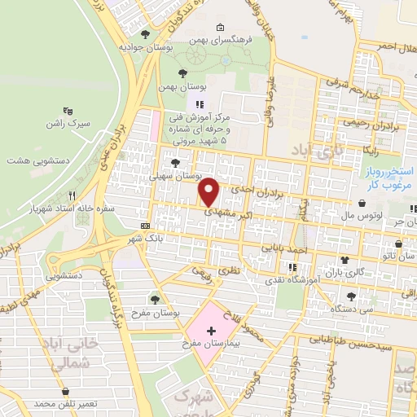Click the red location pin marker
(x=209, y=192)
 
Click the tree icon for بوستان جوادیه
(x=145, y=33)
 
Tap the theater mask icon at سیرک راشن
(x=68, y=110)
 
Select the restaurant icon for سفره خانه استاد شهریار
(x=72, y=195)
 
